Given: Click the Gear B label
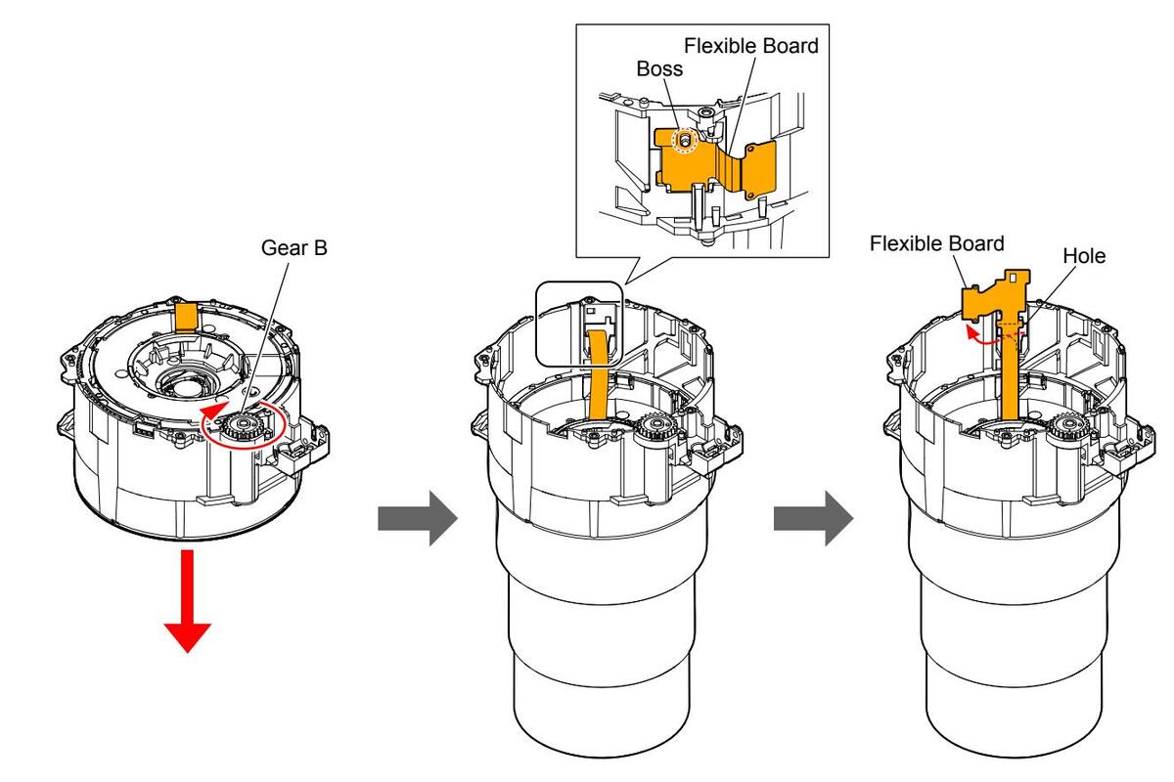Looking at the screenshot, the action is pos(294,247).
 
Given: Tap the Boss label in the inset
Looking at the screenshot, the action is pos(659,68).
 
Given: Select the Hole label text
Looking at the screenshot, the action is pos(1084,256).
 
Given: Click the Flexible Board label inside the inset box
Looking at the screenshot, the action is pos(751,46).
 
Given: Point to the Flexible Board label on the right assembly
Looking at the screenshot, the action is pos(936,243).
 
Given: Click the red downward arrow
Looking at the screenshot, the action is pos(188,601).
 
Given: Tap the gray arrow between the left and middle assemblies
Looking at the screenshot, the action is pos(418,518).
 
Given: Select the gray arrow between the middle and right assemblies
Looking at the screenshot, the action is pos(813,518).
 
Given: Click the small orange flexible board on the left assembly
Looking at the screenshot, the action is pos(186,317).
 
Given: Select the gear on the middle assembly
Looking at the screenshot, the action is pos(655,427).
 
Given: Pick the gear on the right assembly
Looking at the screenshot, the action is pos(1066,427).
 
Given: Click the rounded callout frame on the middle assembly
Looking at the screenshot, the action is pos(579,324).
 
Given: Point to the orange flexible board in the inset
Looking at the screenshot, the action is pos(714,162).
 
